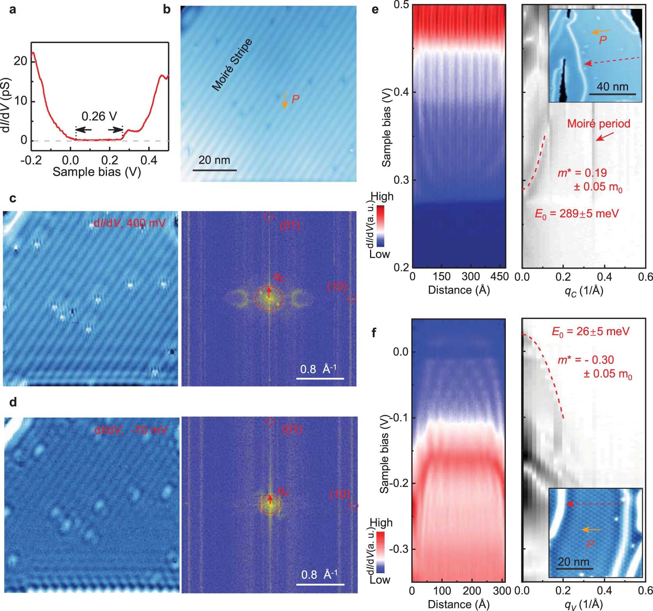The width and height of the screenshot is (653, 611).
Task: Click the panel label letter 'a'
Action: pos(13,9)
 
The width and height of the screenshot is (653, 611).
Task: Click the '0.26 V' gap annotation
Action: pos(99,116)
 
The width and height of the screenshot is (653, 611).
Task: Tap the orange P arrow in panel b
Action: pos(285,99)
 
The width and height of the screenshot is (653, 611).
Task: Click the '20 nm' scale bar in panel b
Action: pos(214,170)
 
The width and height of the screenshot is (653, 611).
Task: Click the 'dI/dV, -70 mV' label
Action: pos(131,430)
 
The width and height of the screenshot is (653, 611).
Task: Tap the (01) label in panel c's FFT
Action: pos(290,225)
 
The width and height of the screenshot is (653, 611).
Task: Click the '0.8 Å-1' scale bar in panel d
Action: pos(320,584)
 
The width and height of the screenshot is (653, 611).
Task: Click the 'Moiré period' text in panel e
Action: pos(598,124)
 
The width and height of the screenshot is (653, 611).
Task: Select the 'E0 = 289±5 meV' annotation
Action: pos(576,214)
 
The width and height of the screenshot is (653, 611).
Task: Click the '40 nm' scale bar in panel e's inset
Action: pos(612,94)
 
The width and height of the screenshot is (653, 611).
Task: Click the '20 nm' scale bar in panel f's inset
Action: pos(574,568)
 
